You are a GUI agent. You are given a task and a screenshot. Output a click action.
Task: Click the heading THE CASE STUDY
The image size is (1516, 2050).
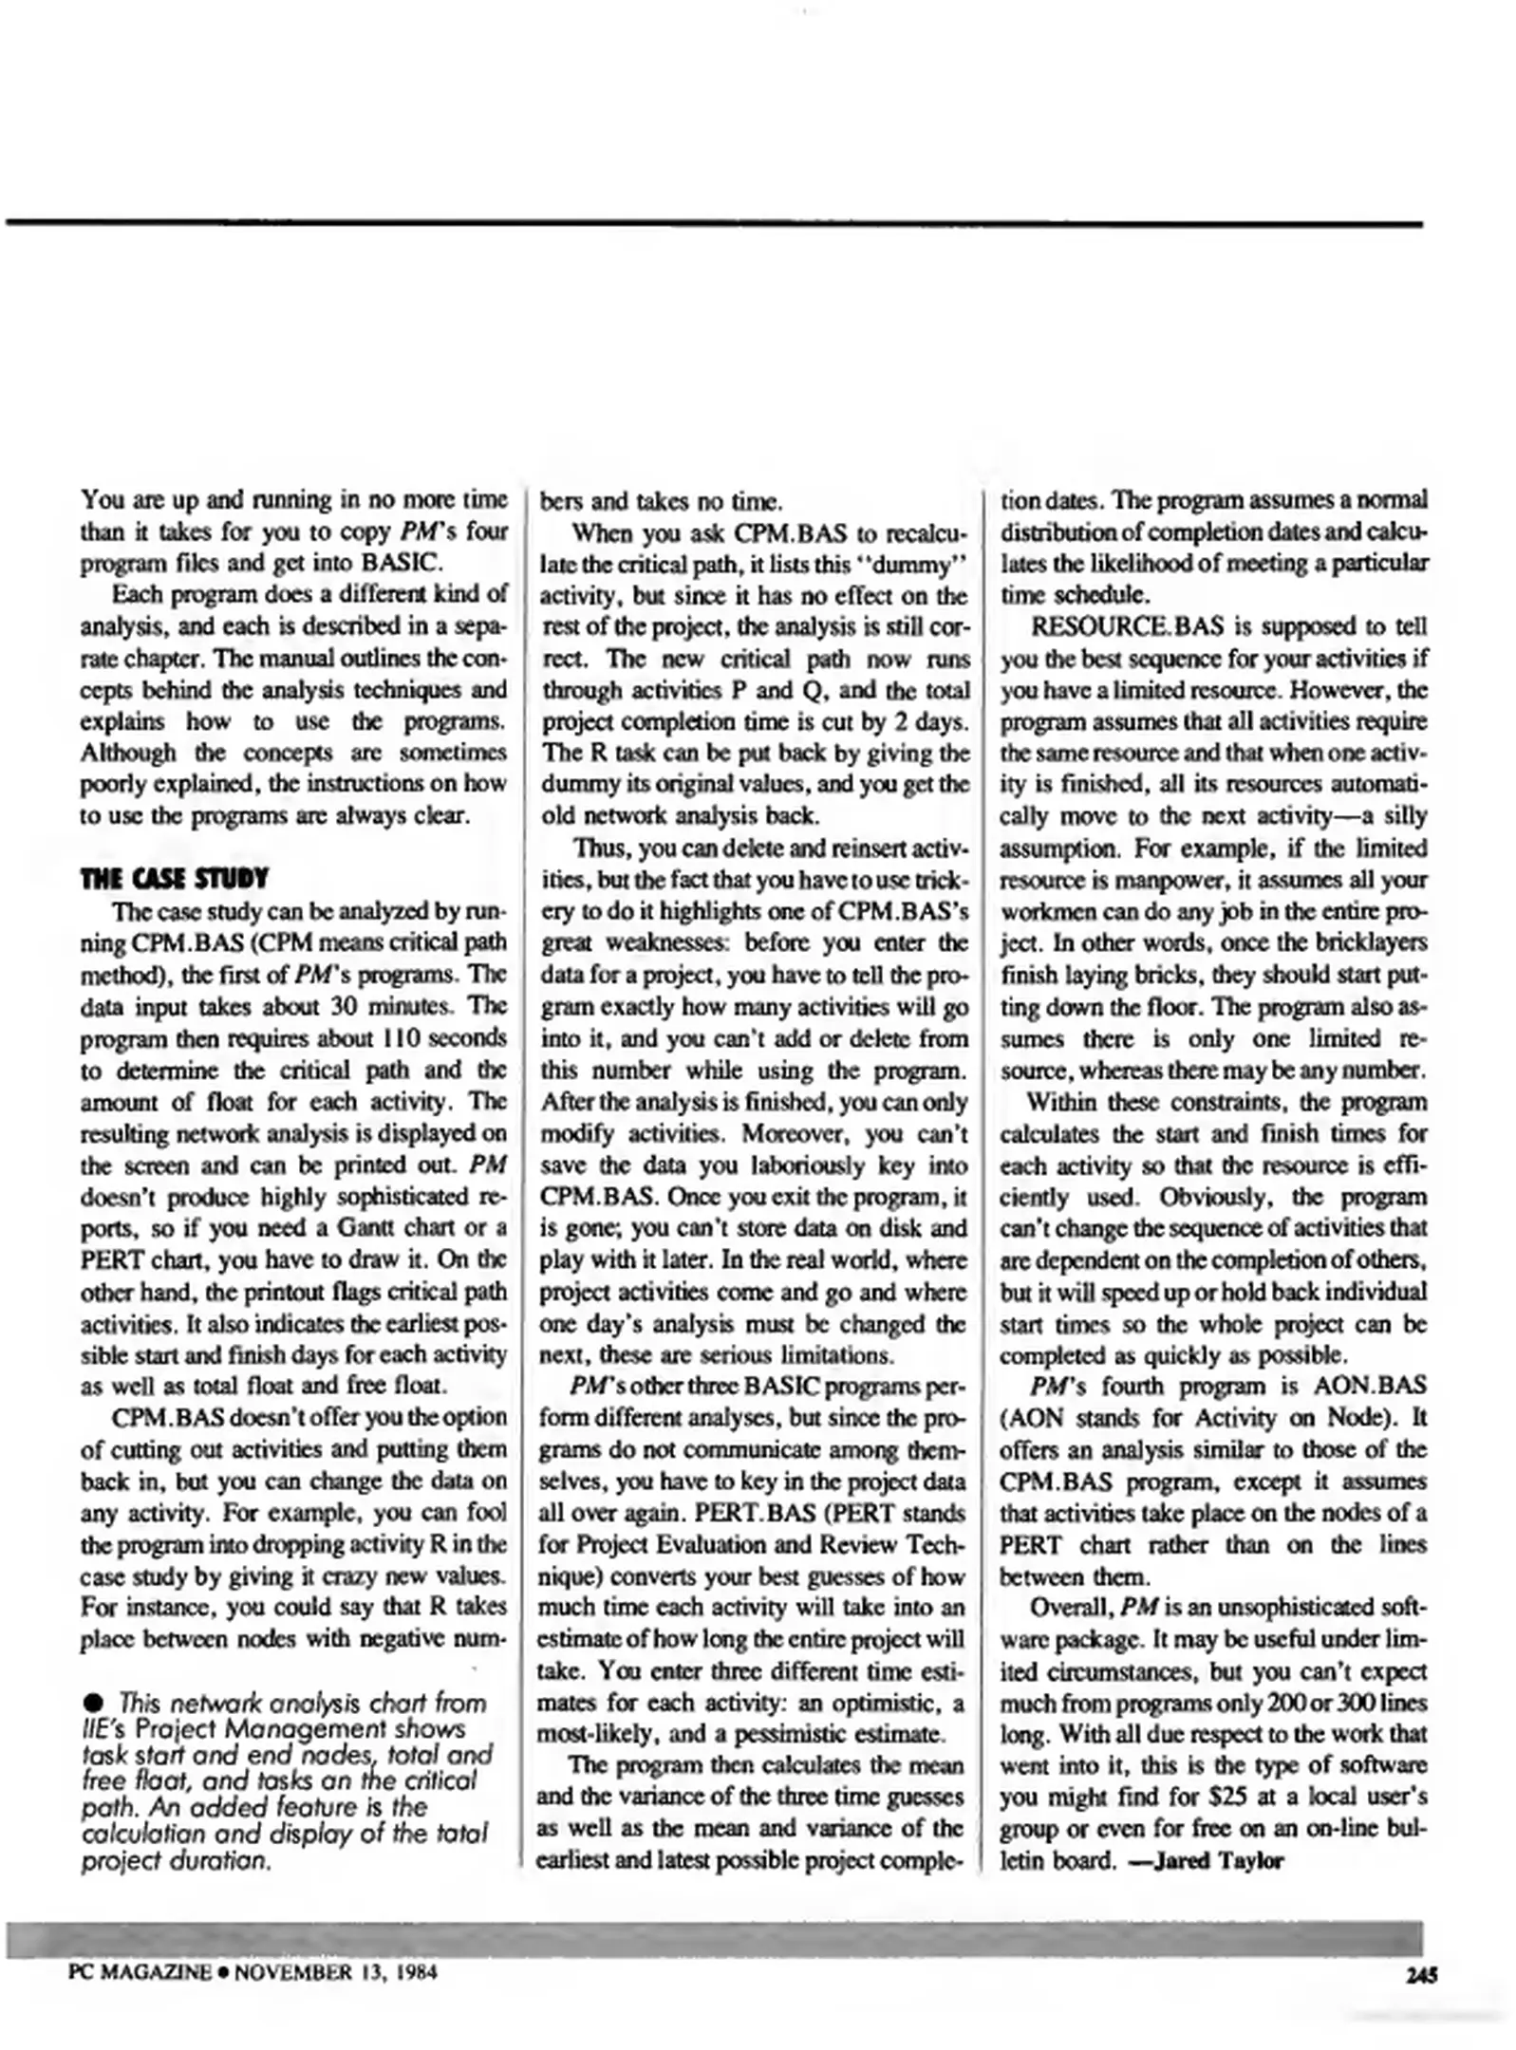pos(174,878)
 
